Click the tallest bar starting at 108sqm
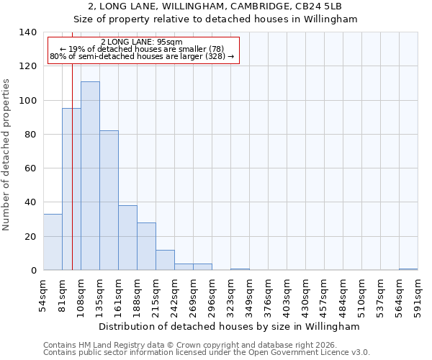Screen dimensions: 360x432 coord(90,176)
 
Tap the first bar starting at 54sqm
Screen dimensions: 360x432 coord(53,242)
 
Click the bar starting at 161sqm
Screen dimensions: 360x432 coord(127,238)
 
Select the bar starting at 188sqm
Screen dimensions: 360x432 coord(146,246)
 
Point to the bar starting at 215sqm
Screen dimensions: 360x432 coord(165,260)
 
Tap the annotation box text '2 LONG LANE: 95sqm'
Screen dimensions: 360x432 coord(142,42)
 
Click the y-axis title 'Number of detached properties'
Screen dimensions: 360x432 coord(6,154)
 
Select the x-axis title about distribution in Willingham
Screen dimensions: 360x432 coord(228,326)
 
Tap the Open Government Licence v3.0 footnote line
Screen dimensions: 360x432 coord(207,353)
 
